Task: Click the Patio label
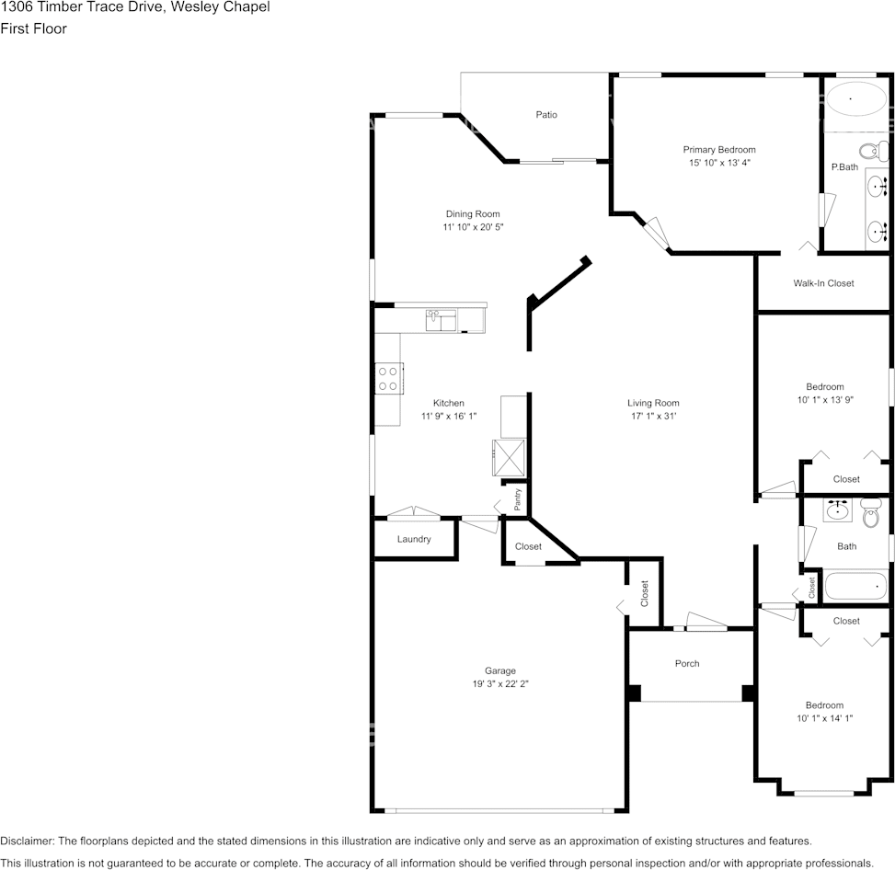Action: click(546, 115)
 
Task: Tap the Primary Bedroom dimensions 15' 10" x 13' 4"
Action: click(718, 163)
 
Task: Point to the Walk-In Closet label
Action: click(823, 283)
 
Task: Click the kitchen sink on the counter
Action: click(441, 320)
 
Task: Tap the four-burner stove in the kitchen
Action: click(388, 378)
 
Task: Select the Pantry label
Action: click(518, 499)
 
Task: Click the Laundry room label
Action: click(414, 539)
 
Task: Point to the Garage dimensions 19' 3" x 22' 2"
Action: click(500, 683)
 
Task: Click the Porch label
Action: click(687, 663)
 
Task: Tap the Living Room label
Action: click(653, 403)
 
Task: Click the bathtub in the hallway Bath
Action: click(855, 586)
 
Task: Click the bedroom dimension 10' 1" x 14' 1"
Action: click(824, 718)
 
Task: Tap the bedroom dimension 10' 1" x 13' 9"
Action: click(824, 400)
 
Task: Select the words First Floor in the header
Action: click(33, 29)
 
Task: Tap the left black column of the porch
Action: click(633, 693)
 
